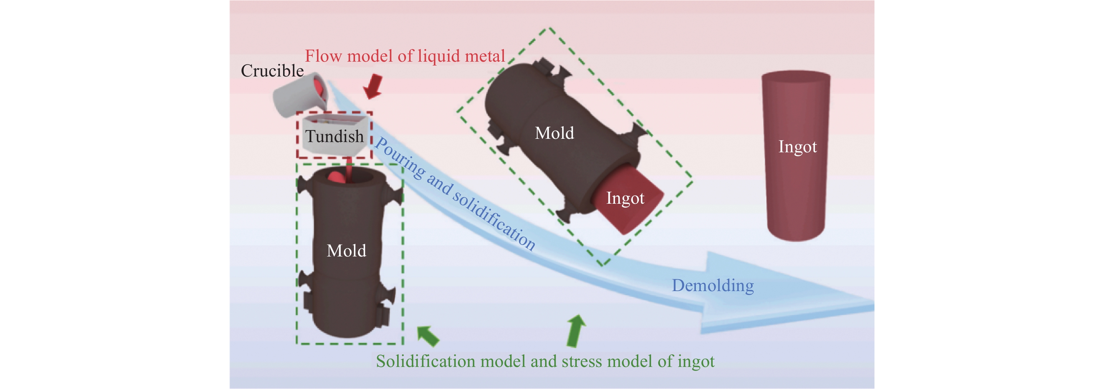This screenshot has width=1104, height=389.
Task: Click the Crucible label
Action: [x=272, y=71]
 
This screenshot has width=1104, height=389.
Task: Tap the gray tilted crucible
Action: [x=300, y=96]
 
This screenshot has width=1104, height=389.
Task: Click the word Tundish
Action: [x=334, y=136]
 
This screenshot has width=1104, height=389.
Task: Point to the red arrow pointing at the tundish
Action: [x=373, y=86]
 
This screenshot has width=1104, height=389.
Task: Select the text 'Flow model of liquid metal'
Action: [x=405, y=56]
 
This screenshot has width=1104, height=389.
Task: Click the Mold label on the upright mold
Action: [x=346, y=251]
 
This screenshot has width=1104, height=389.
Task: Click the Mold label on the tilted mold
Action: [x=554, y=133]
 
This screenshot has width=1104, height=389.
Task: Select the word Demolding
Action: [x=712, y=286]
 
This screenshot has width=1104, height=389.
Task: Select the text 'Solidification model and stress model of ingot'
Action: [x=545, y=362]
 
